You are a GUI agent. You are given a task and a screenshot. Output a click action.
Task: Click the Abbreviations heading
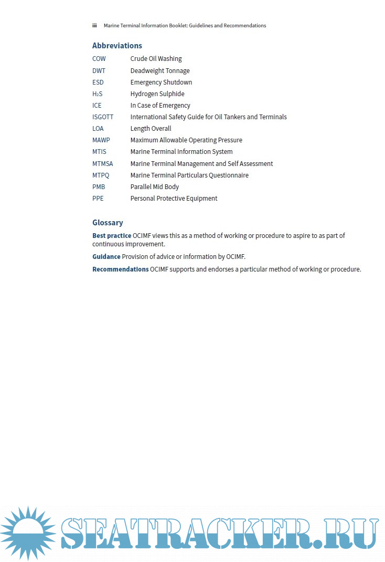coord(117,46)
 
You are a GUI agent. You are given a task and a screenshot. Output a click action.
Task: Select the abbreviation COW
coord(99,59)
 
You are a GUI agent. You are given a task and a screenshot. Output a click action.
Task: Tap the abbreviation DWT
coord(99,71)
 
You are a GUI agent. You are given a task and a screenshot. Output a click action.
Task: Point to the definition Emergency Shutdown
coord(161,82)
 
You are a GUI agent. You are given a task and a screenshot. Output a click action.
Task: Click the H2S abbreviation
coord(98,94)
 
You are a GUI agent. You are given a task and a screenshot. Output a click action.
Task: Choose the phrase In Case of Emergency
coord(160,106)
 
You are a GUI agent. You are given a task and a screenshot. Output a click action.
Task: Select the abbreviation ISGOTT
coord(103,117)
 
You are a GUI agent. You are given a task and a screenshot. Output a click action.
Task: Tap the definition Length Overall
coord(151,129)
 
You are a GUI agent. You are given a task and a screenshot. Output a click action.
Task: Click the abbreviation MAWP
coord(101,140)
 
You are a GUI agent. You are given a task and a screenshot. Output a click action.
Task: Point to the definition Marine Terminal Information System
coord(181,152)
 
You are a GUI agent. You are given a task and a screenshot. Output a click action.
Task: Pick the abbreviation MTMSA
coord(103,164)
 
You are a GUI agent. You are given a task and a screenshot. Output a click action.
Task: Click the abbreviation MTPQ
coord(101,175)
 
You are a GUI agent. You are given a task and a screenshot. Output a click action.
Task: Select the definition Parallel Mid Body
coord(155,187)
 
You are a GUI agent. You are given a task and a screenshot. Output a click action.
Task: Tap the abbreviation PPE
coord(98,199)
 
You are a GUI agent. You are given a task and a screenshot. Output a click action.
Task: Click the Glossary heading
coord(108,223)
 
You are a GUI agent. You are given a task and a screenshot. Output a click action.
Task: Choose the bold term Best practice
coord(112,236)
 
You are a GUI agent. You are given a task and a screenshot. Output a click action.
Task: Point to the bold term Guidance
coord(106,257)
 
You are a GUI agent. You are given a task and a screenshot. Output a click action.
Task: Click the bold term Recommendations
coord(120,269)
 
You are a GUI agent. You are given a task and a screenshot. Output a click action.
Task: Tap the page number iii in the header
coord(94,26)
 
